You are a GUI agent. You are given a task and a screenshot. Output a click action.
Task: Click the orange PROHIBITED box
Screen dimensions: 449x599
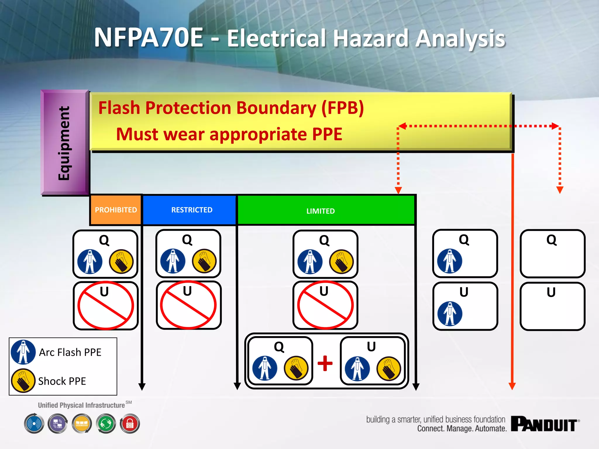click(x=116, y=210)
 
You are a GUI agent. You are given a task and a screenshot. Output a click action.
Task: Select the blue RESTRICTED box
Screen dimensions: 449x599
click(x=192, y=210)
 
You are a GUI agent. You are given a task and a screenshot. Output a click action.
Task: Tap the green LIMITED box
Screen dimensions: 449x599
click(x=321, y=211)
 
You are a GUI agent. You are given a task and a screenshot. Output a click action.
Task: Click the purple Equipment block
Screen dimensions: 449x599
click(x=65, y=143)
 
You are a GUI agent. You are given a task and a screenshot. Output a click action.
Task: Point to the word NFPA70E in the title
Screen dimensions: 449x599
click(x=149, y=38)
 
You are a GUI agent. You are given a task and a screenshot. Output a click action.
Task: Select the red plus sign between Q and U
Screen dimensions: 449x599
click(x=325, y=363)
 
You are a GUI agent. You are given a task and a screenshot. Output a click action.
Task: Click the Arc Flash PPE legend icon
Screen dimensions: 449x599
click(x=23, y=352)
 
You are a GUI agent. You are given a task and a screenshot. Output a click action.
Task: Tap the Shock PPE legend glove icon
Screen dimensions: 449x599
click(x=23, y=380)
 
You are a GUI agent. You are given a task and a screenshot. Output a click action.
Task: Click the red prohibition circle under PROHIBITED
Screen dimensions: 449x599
click(x=106, y=305)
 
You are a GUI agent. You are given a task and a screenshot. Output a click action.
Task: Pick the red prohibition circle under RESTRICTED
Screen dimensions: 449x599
click(x=188, y=305)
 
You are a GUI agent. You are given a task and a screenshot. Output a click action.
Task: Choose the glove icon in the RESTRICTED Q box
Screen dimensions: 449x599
click(x=204, y=261)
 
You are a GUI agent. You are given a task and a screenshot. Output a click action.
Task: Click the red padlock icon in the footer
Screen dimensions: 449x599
click(x=130, y=424)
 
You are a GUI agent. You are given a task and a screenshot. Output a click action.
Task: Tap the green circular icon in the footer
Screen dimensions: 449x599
click(x=106, y=424)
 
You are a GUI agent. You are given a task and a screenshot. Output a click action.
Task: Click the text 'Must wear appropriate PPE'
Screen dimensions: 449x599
click(x=229, y=134)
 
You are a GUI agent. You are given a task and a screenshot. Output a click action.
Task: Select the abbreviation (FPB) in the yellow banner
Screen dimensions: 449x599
click(x=342, y=108)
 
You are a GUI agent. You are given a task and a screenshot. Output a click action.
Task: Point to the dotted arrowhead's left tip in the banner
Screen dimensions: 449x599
click(x=399, y=126)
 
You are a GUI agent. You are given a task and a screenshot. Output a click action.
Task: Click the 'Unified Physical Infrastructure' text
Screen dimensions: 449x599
click(x=81, y=405)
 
